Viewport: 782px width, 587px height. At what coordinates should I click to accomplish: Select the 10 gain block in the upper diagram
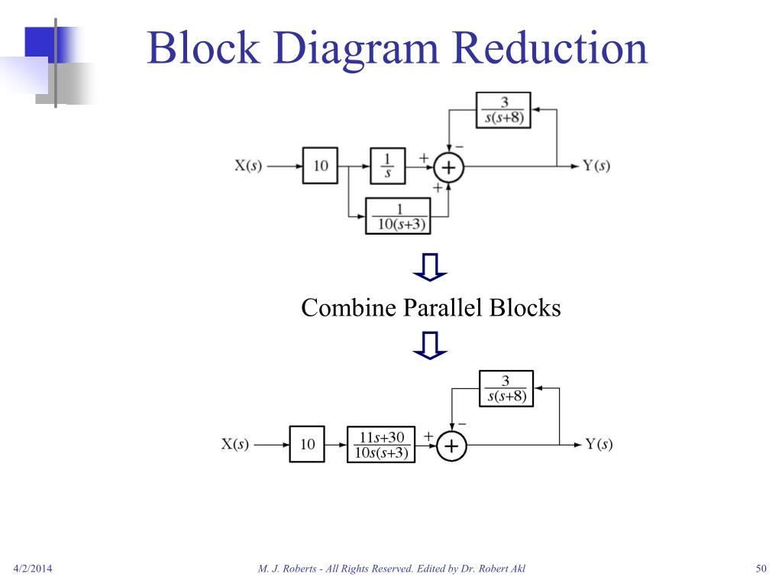321,165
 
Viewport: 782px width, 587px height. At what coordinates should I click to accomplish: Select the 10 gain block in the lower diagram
308,444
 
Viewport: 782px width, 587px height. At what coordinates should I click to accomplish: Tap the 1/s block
387,165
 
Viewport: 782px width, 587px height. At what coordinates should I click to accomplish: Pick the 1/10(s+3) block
398,216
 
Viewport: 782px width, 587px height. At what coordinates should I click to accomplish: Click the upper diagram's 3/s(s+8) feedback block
503,110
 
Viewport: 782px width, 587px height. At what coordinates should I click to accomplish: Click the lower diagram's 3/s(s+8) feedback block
506,388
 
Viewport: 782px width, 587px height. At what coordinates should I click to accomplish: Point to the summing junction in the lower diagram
451,446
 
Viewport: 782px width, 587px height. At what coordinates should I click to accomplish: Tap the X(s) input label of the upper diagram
247,166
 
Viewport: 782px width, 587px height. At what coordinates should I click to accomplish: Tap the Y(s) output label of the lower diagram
599,444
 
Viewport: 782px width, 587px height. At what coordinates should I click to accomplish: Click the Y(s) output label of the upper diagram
596,166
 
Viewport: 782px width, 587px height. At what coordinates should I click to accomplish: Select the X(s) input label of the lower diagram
235,444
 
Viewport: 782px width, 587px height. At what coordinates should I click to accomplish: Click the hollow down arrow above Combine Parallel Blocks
430,267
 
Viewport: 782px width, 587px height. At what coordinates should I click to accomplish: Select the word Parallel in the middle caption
446,308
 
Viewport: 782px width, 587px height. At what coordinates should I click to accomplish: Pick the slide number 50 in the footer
760,568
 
